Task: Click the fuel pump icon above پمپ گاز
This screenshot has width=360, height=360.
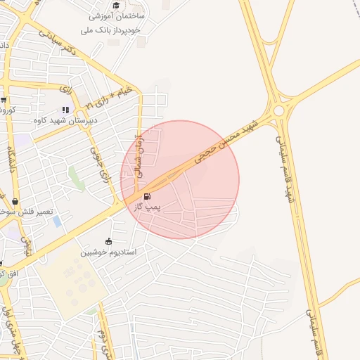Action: tap(146, 196)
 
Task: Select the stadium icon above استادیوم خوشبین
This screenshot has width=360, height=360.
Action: tap(108, 241)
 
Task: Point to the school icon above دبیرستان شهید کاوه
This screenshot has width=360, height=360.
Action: tap(65, 110)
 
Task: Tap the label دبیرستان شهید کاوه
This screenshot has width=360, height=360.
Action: tap(65, 120)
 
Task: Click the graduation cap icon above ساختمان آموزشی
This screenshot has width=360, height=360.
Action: tap(115, 6)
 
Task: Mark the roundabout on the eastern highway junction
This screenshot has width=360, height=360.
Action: tap(280, 110)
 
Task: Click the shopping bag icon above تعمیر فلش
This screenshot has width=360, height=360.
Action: tap(15, 202)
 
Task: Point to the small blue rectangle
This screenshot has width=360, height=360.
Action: tap(57, 221)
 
